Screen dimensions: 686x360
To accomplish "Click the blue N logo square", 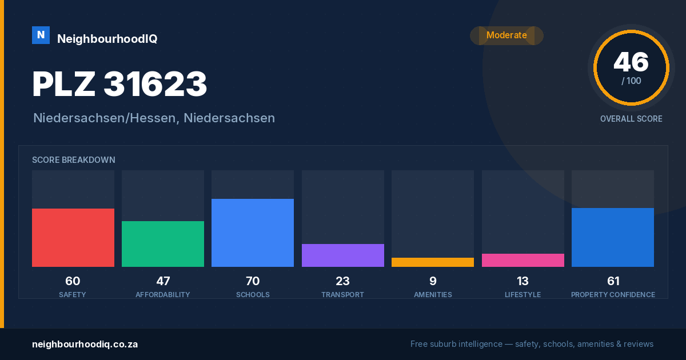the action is (x=41, y=35).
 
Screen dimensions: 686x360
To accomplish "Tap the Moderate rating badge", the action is (x=506, y=35).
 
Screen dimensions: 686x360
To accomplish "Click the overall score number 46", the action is (x=631, y=62).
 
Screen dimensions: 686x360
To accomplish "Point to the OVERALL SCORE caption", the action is (x=631, y=119).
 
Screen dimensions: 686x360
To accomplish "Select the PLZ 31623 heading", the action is (x=119, y=83).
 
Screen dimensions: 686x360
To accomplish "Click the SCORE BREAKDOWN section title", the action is (x=74, y=160).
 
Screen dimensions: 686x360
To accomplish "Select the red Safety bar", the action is (x=73, y=238).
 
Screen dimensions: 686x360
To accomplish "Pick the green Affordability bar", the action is (x=163, y=244).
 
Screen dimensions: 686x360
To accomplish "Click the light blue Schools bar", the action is (x=253, y=233).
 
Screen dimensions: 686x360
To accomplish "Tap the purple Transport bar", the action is (x=342, y=255).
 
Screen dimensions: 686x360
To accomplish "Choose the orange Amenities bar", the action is (x=433, y=262).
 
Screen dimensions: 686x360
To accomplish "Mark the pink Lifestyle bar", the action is (x=523, y=260).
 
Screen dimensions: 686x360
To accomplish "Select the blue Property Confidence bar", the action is (x=613, y=238).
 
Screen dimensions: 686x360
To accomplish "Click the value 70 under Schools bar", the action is (x=253, y=281).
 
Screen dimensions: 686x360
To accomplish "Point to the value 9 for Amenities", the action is (x=433, y=281).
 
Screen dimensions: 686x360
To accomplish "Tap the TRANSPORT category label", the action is (x=342, y=294).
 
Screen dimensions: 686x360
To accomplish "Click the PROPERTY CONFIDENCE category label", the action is (x=613, y=294).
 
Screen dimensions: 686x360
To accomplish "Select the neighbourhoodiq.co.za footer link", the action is (x=85, y=345).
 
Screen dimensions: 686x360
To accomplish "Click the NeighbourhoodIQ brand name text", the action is (x=107, y=39).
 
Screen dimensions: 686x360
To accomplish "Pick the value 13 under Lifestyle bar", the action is (x=523, y=281).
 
